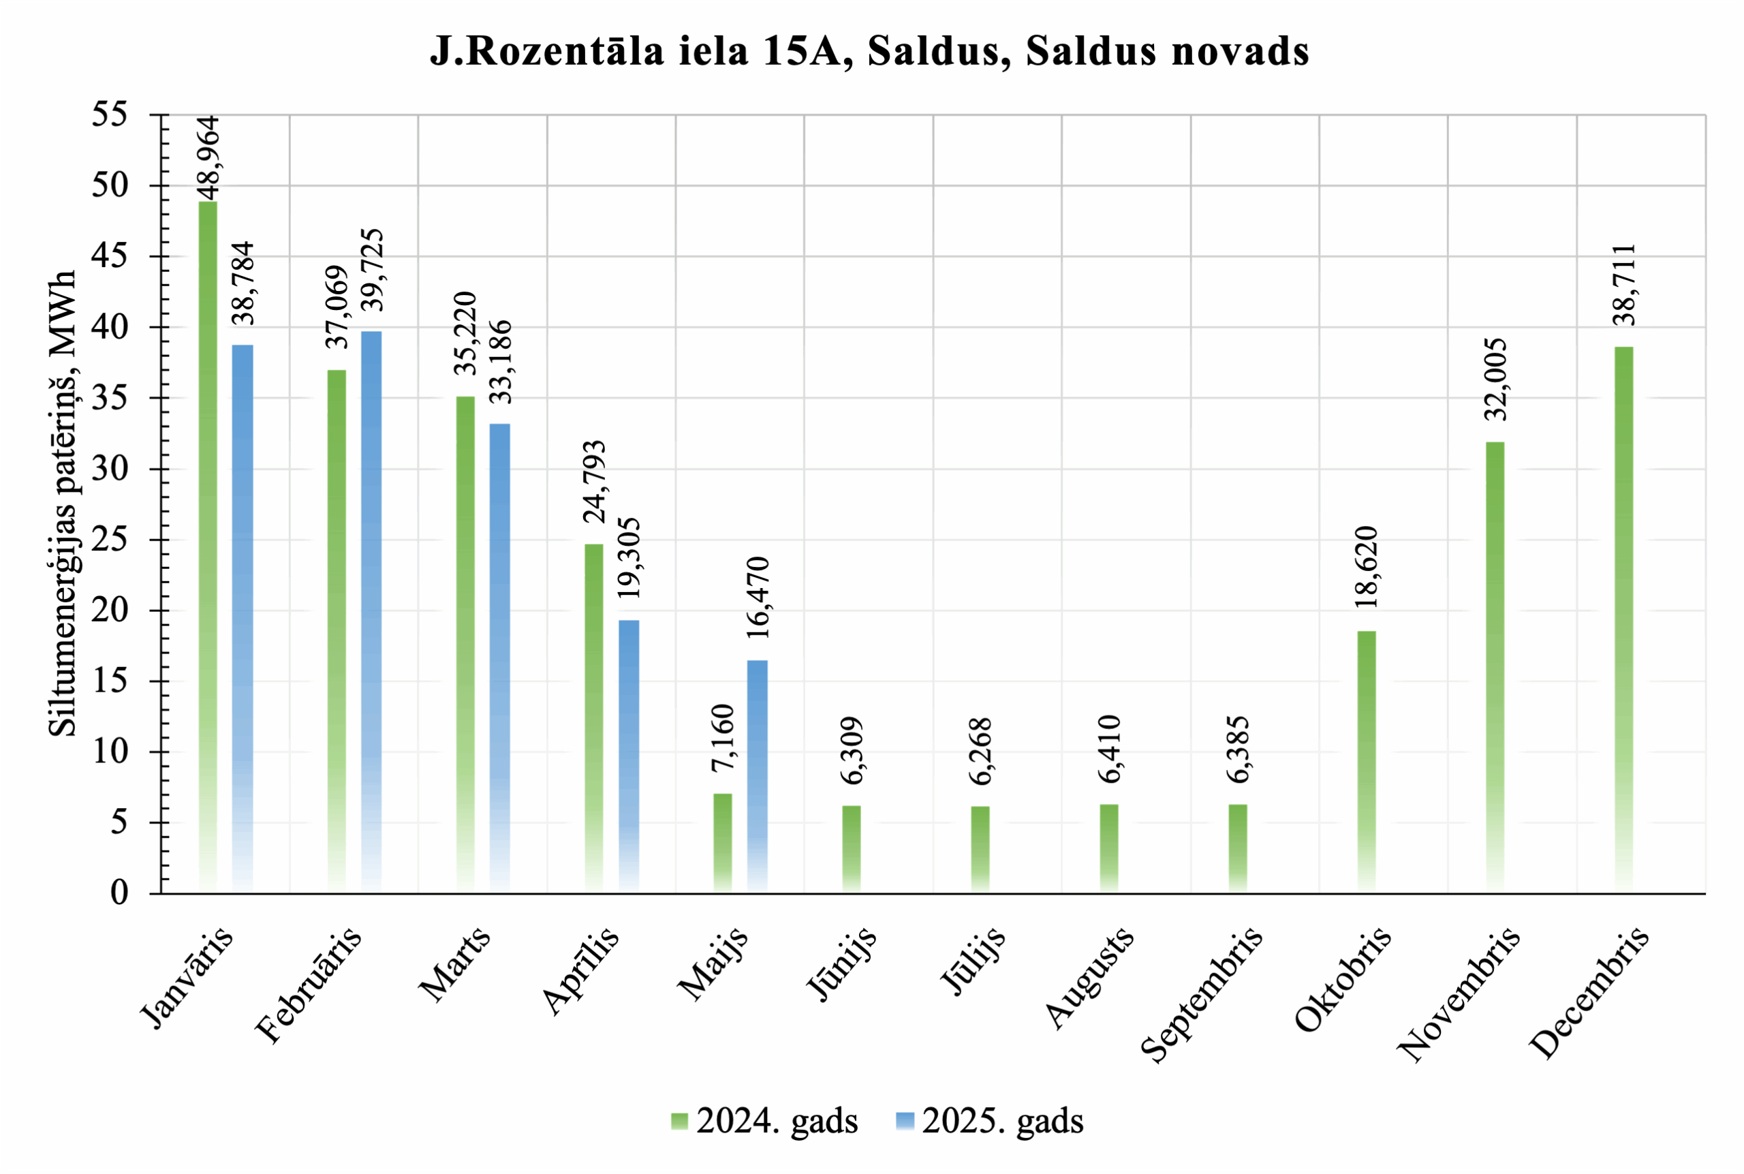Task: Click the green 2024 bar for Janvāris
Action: (208, 546)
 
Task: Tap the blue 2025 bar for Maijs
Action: (758, 775)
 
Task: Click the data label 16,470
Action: (758, 598)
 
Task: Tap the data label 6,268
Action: (980, 751)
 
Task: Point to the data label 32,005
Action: (1495, 379)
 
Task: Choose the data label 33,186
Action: (501, 362)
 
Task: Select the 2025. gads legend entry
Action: (989, 1121)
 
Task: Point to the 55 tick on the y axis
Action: (109, 115)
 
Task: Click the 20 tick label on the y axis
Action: (109, 611)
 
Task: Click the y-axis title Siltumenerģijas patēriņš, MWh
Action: (63, 503)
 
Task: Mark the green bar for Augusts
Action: (1109, 848)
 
